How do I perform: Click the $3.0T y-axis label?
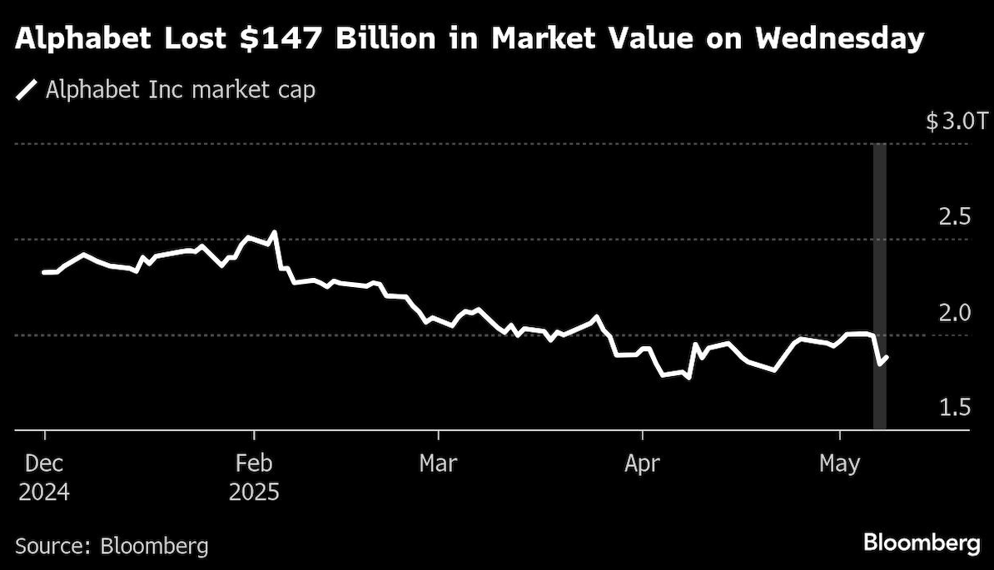tap(957, 122)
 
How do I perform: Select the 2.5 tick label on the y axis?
tap(954, 218)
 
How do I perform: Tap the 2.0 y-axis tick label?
tap(954, 313)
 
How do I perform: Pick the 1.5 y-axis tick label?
tap(954, 408)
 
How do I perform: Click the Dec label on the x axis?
tap(43, 463)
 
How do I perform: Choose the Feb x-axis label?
tap(253, 463)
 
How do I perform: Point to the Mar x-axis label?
tap(439, 463)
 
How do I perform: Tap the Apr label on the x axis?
tap(642, 463)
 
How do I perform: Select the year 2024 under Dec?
tap(43, 492)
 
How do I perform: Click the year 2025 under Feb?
tap(253, 492)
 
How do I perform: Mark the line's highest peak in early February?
tap(275, 232)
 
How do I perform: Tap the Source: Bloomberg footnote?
tap(112, 547)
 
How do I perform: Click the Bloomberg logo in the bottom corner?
tap(922, 544)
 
